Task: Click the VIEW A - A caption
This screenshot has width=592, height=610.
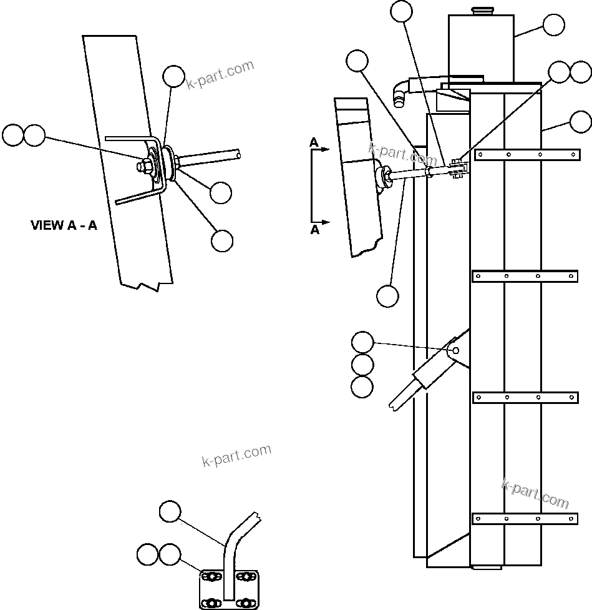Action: point(64,225)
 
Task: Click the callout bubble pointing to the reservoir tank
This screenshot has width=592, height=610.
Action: point(554,25)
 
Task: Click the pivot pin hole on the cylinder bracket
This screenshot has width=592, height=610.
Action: point(455,350)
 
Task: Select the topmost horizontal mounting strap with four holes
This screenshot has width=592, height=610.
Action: point(525,154)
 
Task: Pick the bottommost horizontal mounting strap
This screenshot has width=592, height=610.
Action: point(525,518)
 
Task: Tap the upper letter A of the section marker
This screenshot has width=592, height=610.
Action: point(314,143)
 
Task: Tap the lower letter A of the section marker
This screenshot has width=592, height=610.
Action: point(314,230)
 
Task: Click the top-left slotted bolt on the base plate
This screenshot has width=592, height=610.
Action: point(211,576)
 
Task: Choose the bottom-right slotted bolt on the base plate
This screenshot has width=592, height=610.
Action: point(248,603)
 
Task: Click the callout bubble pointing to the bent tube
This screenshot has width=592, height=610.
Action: point(170,511)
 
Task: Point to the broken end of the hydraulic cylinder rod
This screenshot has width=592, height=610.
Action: point(394,402)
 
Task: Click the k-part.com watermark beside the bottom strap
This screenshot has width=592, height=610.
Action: point(535,493)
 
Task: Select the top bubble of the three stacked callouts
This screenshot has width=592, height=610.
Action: point(362,342)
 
